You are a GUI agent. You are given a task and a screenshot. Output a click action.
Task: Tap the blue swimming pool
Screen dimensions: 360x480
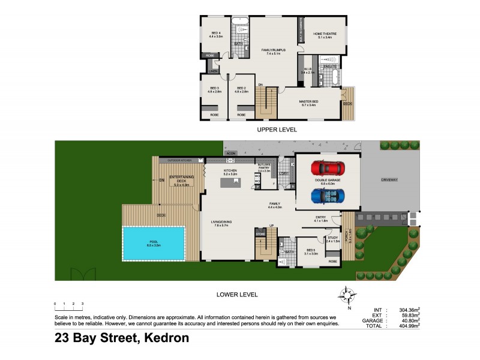tap(152, 243)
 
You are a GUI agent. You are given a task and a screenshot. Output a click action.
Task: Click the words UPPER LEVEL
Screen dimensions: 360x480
tap(277, 129)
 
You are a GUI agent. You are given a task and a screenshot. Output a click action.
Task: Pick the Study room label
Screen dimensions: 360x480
tap(333, 239)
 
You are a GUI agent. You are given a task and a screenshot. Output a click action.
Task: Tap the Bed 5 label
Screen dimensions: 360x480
tap(310, 251)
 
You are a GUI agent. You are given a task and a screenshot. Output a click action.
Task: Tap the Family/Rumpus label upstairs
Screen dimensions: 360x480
tap(273, 51)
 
